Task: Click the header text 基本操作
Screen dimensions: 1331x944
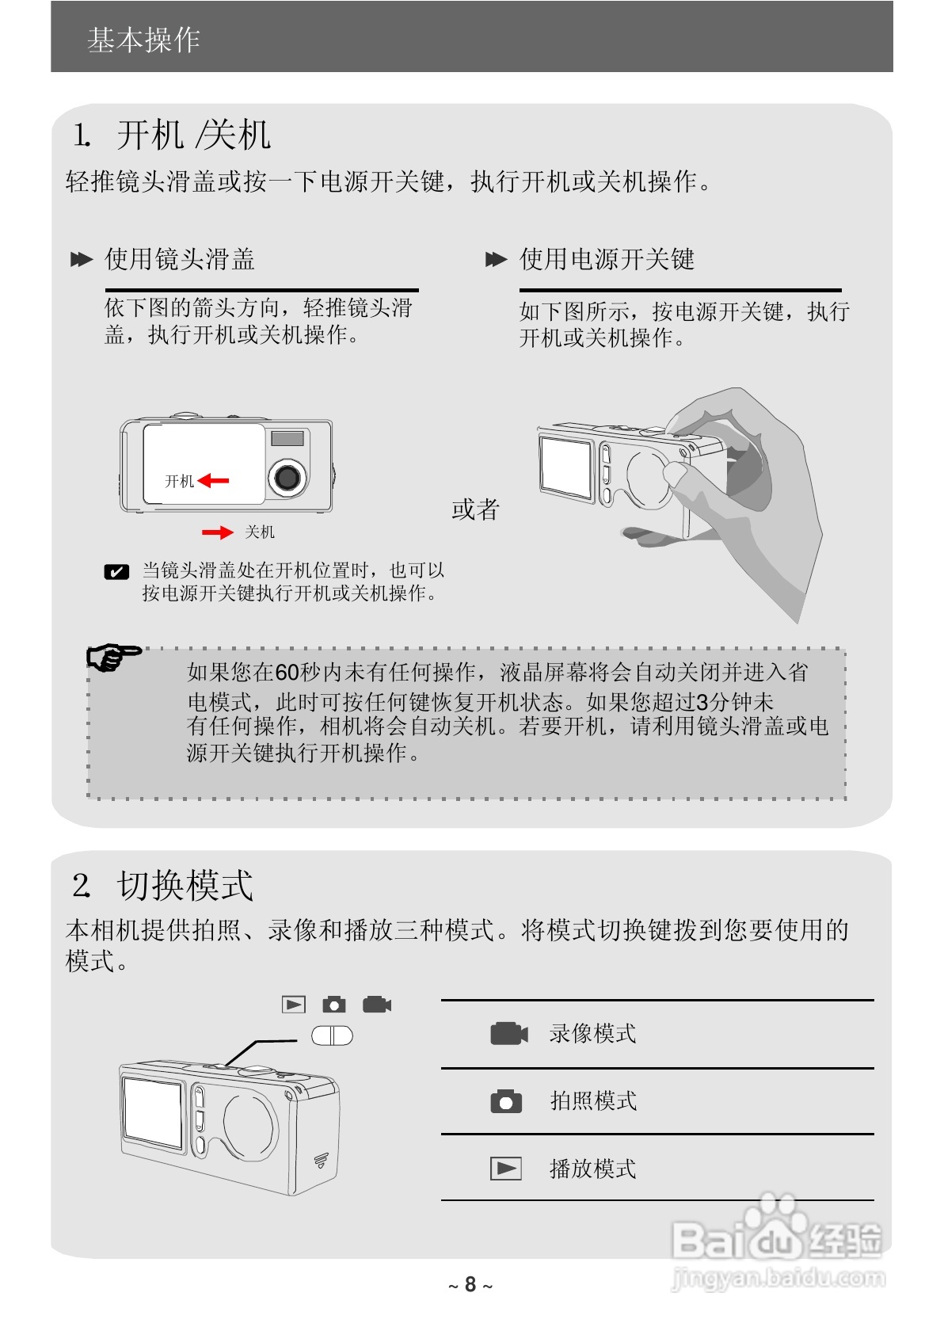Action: tap(143, 40)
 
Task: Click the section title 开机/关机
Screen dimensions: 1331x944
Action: tap(193, 135)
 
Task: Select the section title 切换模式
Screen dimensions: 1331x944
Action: tap(184, 885)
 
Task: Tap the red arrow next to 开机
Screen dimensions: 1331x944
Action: tap(213, 480)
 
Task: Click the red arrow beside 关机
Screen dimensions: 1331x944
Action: tap(217, 532)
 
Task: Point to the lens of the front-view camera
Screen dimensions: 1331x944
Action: tap(287, 476)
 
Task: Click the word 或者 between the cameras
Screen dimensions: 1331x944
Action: tap(475, 509)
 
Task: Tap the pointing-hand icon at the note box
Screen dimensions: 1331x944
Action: tap(112, 657)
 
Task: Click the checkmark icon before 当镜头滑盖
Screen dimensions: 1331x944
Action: tap(116, 572)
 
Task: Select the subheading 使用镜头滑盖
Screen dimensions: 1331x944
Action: tap(180, 259)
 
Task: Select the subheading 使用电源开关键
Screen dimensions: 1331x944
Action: tap(607, 259)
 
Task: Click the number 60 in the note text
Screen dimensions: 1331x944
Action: tap(287, 673)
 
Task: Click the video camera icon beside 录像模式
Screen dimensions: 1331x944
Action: tap(508, 1034)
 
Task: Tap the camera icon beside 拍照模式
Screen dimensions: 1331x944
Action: tap(506, 1102)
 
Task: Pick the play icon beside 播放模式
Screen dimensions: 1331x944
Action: tap(506, 1169)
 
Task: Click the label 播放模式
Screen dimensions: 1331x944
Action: tap(592, 1169)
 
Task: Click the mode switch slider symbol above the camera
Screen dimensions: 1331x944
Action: tap(332, 1035)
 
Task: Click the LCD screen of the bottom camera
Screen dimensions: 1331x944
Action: tap(154, 1113)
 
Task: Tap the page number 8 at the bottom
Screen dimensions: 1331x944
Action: tap(470, 1284)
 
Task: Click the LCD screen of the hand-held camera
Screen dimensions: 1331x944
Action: tap(566, 467)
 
